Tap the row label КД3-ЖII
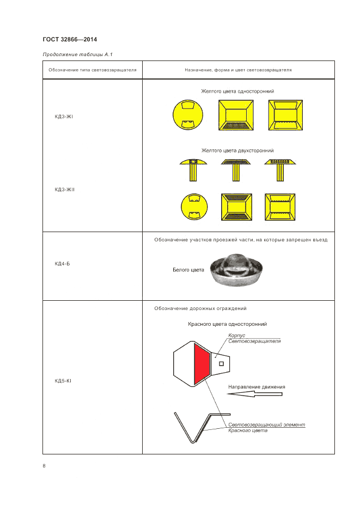64,189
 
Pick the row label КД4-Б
62,264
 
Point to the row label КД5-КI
63,380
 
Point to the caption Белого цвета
188,270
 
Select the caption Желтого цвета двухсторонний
237,150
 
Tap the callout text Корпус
236,336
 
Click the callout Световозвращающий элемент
267,424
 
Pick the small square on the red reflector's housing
221,363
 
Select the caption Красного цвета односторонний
227,324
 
